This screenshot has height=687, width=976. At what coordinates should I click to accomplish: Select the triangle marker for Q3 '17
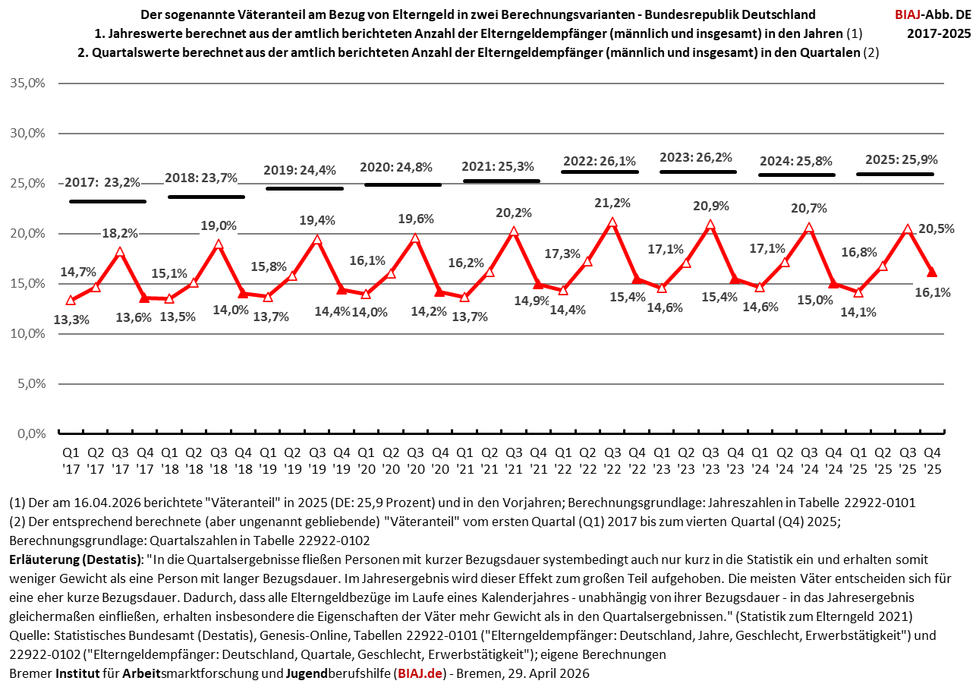(x=120, y=252)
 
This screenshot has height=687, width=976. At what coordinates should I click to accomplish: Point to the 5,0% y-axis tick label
(x=33, y=384)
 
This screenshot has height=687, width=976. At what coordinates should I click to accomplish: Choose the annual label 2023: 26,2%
(x=696, y=157)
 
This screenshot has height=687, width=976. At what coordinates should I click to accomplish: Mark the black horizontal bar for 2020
(x=403, y=184)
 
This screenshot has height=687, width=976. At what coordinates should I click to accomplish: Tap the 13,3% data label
(x=71, y=320)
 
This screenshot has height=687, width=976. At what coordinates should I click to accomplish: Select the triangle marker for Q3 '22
(x=612, y=222)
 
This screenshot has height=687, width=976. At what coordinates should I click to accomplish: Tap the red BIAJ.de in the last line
(x=420, y=673)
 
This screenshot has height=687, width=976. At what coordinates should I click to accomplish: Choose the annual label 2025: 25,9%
(x=901, y=160)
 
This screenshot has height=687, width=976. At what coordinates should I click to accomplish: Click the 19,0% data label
(x=219, y=225)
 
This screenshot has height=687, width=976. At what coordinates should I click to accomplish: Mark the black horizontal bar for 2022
(x=600, y=172)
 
